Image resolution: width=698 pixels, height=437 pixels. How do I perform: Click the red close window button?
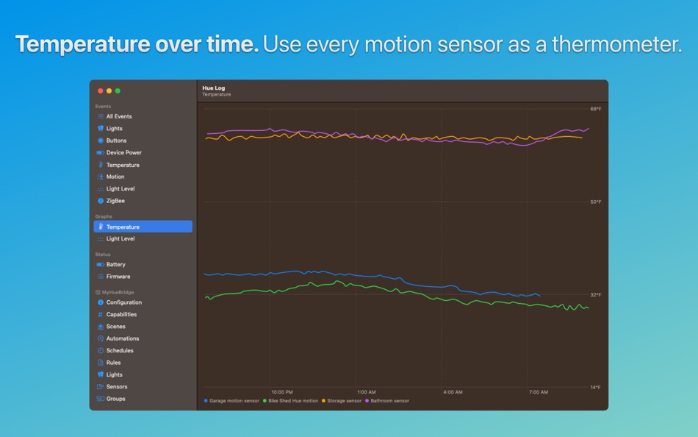tap(101, 90)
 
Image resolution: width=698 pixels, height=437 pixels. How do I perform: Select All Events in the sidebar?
tap(118, 116)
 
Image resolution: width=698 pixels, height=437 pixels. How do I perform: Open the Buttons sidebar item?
tap(116, 141)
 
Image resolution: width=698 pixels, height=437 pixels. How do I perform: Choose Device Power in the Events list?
tap(123, 152)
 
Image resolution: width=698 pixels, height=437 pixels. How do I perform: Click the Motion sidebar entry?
tap(115, 177)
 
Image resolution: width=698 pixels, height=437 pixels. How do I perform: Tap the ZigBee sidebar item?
tap(115, 201)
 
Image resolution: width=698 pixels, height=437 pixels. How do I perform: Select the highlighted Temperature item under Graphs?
tap(123, 227)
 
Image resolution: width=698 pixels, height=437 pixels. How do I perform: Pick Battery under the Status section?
tap(115, 264)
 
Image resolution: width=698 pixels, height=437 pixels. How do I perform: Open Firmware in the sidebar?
tap(118, 277)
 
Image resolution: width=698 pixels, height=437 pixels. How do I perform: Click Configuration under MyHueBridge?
tap(123, 302)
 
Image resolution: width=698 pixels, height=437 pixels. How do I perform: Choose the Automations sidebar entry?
tap(122, 338)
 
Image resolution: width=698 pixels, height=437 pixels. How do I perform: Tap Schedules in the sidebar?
tap(120, 350)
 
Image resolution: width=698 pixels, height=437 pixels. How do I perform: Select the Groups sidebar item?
tap(115, 399)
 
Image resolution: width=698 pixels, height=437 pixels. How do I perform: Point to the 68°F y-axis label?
tap(595, 109)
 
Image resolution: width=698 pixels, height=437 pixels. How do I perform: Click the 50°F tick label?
tap(595, 202)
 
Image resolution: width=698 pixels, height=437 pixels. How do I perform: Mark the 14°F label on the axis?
tap(595, 387)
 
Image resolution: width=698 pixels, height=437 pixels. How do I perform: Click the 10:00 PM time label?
tap(282, 392)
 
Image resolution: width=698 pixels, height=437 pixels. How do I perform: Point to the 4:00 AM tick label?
tap(453, 392)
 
